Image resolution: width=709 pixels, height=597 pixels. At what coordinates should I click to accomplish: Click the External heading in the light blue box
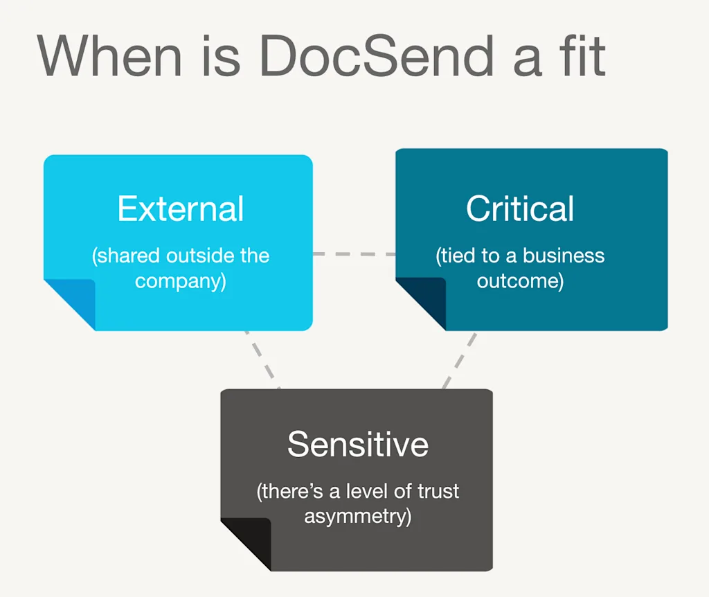(181, 208)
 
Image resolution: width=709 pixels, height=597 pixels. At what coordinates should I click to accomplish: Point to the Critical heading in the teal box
(520, 208)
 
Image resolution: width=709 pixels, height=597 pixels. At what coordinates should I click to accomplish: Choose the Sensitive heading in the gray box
(358, 443)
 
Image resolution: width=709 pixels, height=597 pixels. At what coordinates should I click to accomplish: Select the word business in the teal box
(564, 256)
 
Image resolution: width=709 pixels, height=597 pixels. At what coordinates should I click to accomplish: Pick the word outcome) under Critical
(520, 282)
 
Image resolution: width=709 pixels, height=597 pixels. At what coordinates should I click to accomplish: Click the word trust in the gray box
(438, 491)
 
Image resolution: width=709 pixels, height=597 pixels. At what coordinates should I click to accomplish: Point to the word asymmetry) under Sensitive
(358, 517)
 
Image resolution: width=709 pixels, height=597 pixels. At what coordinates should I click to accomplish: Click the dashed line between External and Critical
(354, 254)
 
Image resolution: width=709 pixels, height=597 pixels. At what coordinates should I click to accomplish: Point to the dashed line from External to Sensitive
(262, 359)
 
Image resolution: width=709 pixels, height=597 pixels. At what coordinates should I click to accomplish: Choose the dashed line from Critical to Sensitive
(460, 359)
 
